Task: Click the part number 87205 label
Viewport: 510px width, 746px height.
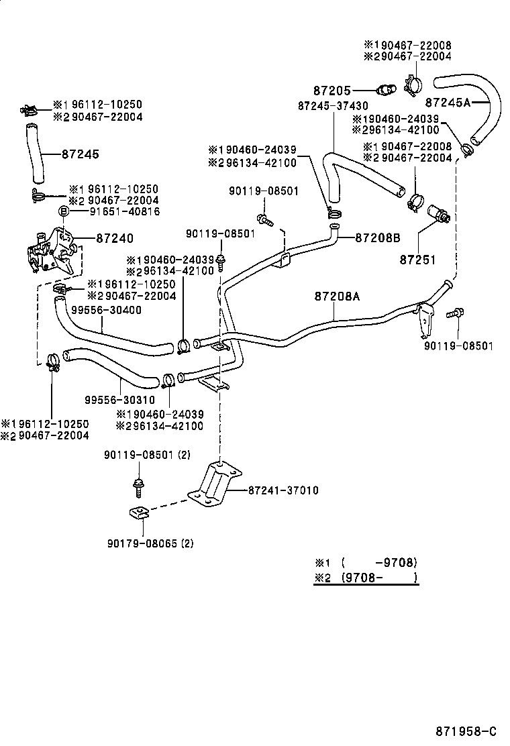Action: [332, 90]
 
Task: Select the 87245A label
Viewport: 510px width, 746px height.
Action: [448, 103]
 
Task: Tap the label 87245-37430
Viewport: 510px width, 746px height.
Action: [332, 106]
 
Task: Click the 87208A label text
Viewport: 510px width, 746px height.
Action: [338, 295]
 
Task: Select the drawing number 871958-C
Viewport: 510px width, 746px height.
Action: [465, 731]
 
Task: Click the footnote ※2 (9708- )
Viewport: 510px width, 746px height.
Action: [366, 578]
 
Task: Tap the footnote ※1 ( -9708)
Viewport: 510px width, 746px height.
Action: [366, 562]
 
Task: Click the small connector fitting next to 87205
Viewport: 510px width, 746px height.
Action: [385, 89]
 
